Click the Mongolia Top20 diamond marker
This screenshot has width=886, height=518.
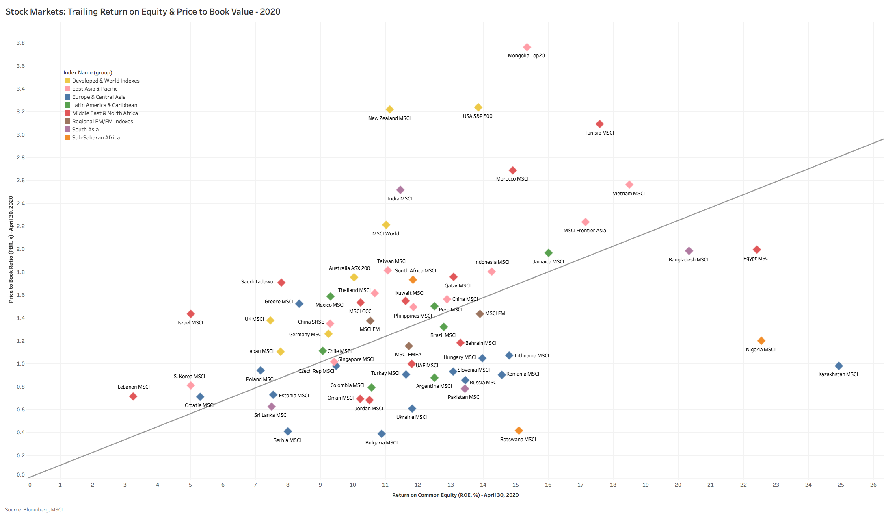[527, 47]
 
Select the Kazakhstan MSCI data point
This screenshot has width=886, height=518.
[838, 366]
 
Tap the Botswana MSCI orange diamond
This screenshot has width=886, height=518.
[519, 431]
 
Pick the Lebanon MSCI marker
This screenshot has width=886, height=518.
[133, 396]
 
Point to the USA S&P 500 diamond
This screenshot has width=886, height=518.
[478, 107]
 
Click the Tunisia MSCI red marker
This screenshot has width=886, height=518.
[599, 124]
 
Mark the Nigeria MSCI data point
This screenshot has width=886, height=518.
[761, 341]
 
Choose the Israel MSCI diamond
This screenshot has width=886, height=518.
[190, 314]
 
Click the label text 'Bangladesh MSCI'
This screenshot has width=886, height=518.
[688, 260]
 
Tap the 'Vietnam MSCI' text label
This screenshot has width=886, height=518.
[629, 194]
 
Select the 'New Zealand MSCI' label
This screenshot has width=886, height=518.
[389, 118]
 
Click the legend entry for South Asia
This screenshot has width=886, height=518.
[85, 129]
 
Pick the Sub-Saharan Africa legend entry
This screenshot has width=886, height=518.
[96, 137]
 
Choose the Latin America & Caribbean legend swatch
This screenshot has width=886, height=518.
[67, 105]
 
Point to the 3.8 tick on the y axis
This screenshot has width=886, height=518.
[20, 43]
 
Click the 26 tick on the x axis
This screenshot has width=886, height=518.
[873, 485]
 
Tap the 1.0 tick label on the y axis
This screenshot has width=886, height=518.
[20, 364]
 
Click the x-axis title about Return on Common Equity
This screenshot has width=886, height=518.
[455, 495]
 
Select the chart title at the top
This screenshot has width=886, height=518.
[143, 11]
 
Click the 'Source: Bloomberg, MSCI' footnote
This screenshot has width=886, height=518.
[34, 510]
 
